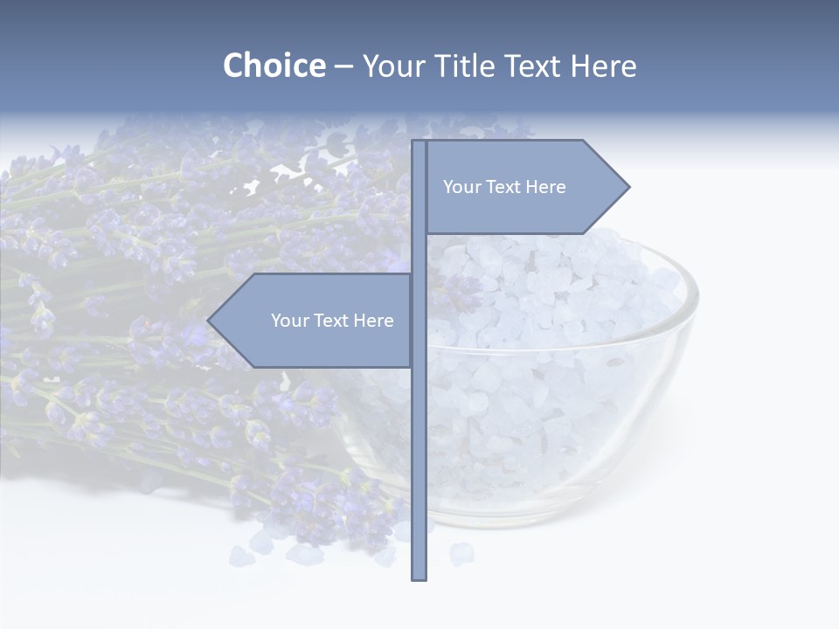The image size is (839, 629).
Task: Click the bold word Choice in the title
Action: [274, 66]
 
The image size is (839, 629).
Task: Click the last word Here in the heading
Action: [603, 66]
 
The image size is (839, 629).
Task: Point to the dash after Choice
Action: [343, 66]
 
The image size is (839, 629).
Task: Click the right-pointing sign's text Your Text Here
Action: [504, 187]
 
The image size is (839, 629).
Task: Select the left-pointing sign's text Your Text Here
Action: [332, 321]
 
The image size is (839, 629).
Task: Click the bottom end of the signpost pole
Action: [419, 577]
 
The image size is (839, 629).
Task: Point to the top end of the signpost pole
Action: [419, 143]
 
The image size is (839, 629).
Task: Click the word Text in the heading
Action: [534, 66]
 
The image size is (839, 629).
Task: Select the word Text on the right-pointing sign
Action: [503, 187]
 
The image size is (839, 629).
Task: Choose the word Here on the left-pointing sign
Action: [373, 321]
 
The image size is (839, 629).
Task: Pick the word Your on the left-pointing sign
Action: [288, 321]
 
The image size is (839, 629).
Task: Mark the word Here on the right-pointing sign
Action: [545, 187]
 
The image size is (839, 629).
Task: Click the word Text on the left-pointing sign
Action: [331, 321]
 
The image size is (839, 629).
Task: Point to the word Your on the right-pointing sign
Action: [461, 187]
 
